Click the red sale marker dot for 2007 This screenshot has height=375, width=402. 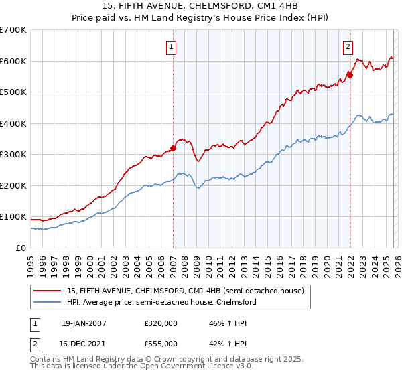pos(173,149)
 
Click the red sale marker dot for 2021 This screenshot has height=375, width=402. pos(350,76)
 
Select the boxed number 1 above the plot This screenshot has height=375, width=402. pos(172,47)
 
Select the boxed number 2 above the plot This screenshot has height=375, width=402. pos(348,47)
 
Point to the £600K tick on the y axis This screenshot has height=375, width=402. pos(13,61)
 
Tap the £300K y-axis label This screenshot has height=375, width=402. pos(13,155)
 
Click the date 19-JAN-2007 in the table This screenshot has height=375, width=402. pos(84,323)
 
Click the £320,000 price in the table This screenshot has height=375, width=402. pos(161,323)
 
